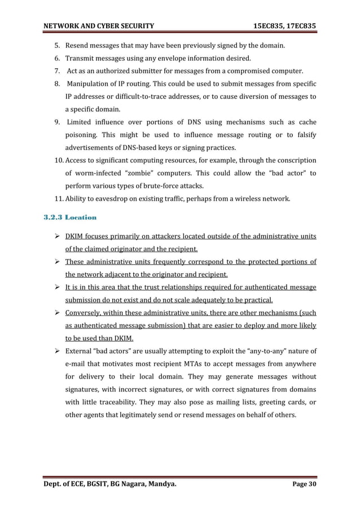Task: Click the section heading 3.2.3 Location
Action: tap(70, 217)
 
